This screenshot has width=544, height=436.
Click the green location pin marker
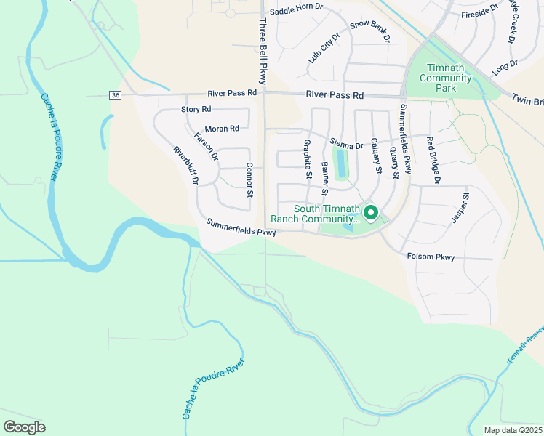pos(370,213)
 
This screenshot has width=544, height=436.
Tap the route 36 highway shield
pos(115,95)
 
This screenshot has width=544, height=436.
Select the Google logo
pos(24,427)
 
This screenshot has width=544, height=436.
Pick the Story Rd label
pos(196,109)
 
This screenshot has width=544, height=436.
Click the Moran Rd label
pos(222,129)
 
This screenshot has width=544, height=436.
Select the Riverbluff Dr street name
pos(185,166)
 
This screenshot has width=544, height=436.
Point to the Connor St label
pos(249,179)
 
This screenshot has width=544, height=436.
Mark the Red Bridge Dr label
pos(434,159)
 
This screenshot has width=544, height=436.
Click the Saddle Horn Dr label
pos(295,12)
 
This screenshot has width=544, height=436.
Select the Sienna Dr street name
pos(345,145)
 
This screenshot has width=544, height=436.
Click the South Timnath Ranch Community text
pos(314,213)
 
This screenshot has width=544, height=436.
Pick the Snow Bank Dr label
pos(370,30)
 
